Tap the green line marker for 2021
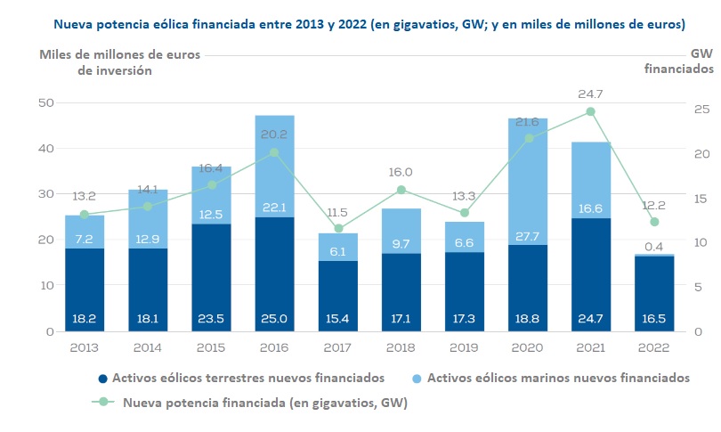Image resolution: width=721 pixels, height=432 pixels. tap(590, 111)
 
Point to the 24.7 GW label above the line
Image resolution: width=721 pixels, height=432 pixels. tap(590, 93)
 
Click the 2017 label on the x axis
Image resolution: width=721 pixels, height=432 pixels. tap(337, 347)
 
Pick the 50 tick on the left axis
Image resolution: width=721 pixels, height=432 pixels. tap(45, 103)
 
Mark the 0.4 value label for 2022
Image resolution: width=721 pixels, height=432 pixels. tap(655, 247)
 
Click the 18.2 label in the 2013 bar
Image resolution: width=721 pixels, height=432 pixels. tap(85, 317)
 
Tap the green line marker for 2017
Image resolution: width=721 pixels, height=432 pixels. tap(337, 229)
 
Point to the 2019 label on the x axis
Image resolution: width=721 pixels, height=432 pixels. tap(464, 347)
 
